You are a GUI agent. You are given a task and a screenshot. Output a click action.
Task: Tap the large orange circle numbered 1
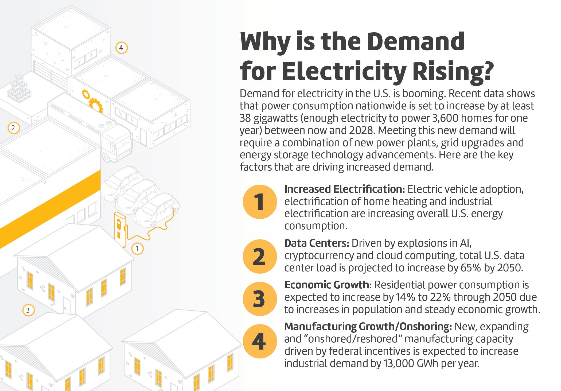(x=260, y=202)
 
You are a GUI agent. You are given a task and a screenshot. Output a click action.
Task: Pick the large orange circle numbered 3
(x=260, y=299)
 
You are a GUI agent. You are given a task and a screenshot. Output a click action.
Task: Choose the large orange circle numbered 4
(x=260, y=341)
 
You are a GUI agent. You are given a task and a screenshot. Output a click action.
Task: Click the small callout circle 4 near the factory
(x=121, y=48)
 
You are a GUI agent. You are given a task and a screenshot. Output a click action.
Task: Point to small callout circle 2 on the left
(x=13, y=128)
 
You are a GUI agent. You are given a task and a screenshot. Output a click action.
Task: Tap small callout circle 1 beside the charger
(x=137, y=249)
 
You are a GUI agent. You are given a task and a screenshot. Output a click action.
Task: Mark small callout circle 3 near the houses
(x=28, y=310)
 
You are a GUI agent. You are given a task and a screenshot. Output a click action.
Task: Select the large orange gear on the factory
(x=96, y=105)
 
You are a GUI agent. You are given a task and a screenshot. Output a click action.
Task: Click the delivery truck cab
(x=118, y=143)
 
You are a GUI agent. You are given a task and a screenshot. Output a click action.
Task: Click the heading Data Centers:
(x=317, y=243)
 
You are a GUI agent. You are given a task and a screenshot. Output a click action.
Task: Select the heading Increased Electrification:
(x=345, y=189)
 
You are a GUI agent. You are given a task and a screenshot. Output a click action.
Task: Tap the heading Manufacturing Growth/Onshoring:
(x=368, y=327)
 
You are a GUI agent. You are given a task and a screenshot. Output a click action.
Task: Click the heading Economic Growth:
(x=328, y=285)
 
